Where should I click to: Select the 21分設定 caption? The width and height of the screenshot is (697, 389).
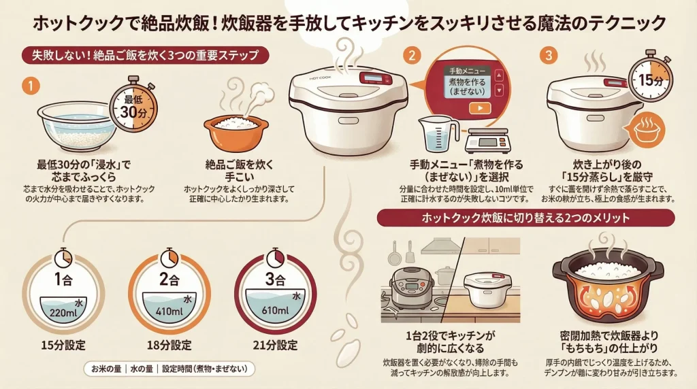(x=275, y=344)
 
